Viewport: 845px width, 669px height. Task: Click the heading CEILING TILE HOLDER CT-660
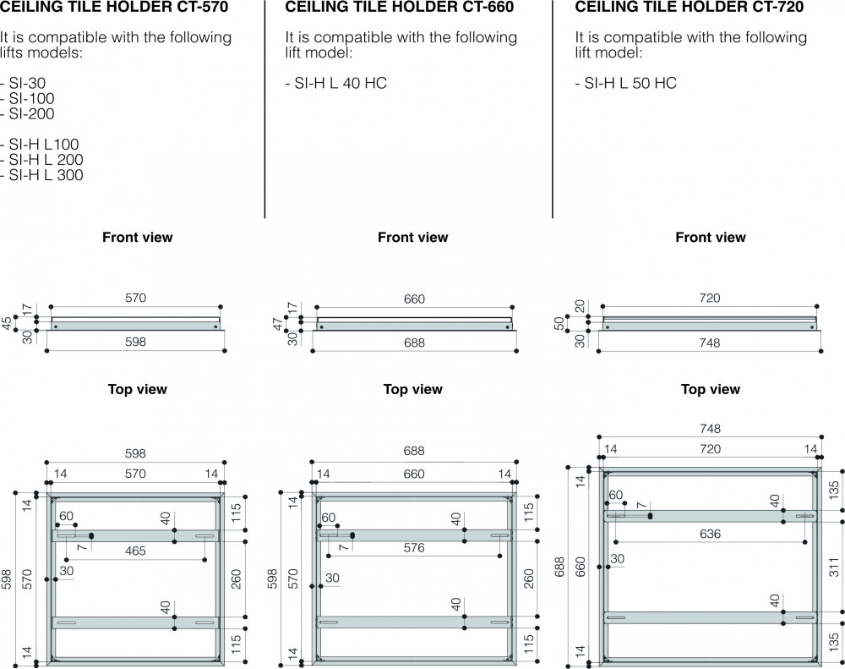click(400, 7)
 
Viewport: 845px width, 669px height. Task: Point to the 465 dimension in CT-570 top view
click(135, 551)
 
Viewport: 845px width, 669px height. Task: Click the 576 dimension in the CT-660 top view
click(414, 547)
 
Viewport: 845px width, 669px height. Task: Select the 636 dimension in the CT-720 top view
click(710, 534)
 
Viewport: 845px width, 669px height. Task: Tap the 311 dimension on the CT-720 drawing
click(834, 567)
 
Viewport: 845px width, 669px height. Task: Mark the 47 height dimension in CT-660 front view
click(277, 324)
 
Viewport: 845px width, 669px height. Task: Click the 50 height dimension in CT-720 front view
click(559, 323)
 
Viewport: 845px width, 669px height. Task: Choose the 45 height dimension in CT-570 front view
click(7, 323)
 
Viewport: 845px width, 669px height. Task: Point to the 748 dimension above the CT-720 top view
click(710, 428)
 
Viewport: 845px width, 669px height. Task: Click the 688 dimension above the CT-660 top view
click(414, 451)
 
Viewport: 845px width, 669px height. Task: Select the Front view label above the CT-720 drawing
click(711, 237)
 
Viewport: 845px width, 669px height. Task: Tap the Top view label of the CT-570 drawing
click(138, 389)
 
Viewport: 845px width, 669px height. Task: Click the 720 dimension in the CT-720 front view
click(710, 298)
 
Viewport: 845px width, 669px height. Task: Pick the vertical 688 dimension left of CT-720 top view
click(559, 567)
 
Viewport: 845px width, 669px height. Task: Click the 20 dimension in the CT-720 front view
click(580, 306)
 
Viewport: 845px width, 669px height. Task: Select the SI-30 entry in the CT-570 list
click(27, 83)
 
